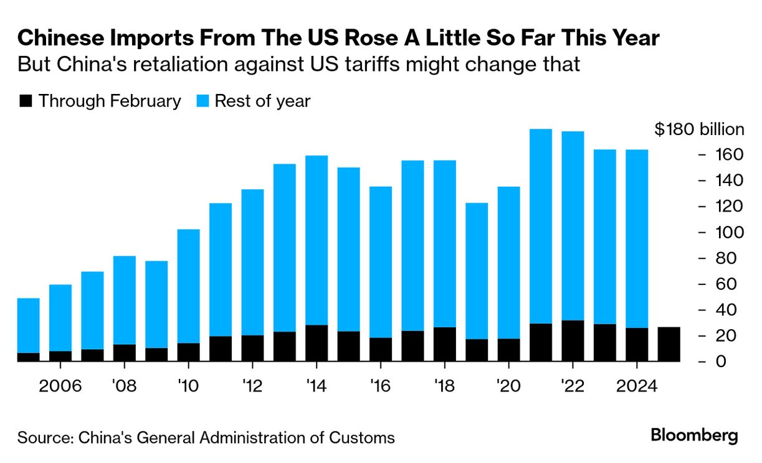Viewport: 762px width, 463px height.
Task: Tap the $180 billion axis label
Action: [699, 129]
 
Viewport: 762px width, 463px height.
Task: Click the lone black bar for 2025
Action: [669, 344]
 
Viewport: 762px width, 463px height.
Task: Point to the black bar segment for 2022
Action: [573, 340]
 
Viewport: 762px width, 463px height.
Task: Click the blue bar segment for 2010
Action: [188, 286]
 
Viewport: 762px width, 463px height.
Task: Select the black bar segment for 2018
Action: [444, 344]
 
